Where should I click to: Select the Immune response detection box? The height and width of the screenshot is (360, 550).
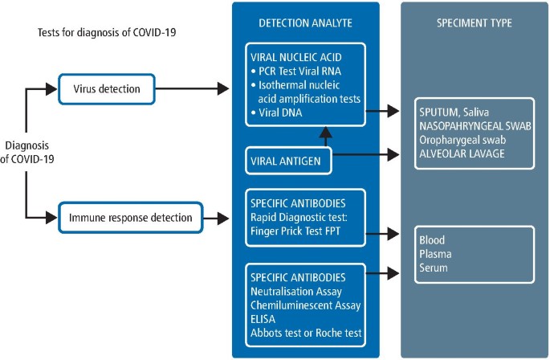tap(128, 217)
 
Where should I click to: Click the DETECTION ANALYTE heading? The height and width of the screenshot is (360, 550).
tap(305, 22)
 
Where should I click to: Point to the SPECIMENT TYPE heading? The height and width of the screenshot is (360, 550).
tap(475, 22)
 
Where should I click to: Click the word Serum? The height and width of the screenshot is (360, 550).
tap(434, 268)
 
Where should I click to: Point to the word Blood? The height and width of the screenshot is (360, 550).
tap(432, 240)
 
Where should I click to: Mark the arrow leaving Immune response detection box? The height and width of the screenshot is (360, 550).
tap(212, 217)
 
